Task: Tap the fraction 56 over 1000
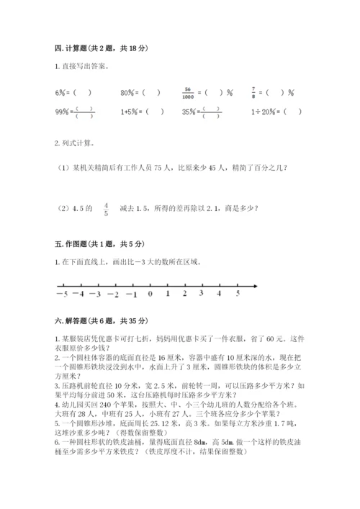[191, 93]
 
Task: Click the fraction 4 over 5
[106, 210]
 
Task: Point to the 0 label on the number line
[150, 294]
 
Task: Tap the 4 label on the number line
[220, 294]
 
